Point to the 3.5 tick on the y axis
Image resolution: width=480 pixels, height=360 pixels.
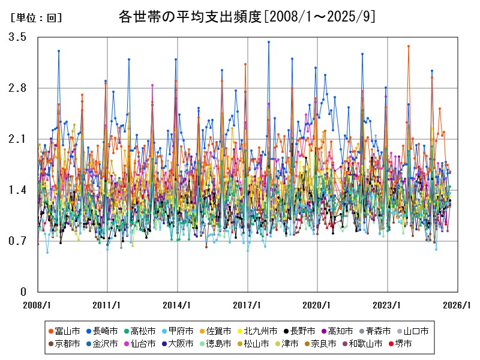click(17, 37)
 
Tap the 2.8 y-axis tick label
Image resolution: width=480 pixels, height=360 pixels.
click(17, 88)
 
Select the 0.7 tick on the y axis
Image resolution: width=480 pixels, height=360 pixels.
click(17, 241)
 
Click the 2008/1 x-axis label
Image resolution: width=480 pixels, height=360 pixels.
click(37, 304)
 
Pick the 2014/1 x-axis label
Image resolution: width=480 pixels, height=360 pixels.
click(178, 304)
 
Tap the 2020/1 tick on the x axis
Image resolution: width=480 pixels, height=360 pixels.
click(318, 304)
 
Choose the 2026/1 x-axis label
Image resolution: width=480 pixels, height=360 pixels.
click(458, 304)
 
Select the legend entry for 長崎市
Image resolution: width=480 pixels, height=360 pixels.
click(104, 331)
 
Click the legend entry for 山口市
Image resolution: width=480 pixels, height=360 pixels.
click(415, 331)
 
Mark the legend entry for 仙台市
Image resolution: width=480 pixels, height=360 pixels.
click(142, 344)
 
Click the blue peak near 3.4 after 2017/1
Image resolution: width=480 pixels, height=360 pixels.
click(269, 42)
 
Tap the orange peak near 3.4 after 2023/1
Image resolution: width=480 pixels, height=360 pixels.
click(409, 46)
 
